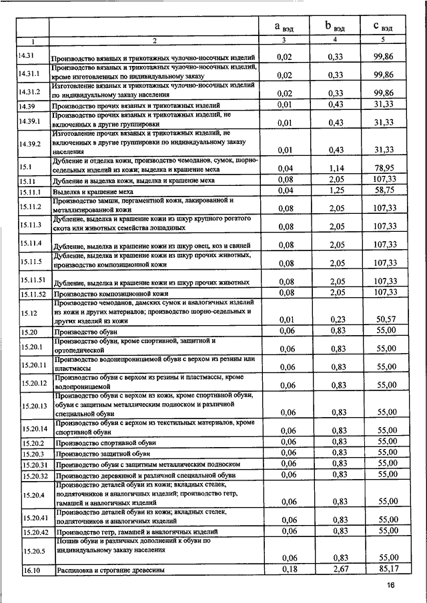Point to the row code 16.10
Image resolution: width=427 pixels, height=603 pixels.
[x=31, y=570]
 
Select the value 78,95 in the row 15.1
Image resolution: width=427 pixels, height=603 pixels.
[x=384, y=169]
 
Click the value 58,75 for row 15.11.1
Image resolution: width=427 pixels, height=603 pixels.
[x=384, y=191]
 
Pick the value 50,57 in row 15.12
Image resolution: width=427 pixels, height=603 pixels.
[x=386, y=319]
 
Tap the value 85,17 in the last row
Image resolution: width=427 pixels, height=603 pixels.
[x=386, y=569]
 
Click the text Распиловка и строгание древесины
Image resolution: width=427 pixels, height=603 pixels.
[x=110, y=570]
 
